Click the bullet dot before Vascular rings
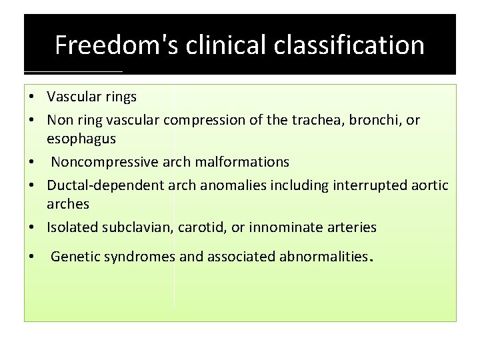[31, 97]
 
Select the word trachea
[312, 120]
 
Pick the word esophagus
[81, 139]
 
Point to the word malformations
[242, 162]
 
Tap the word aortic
[430, 185]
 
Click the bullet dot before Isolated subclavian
[31, 227]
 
